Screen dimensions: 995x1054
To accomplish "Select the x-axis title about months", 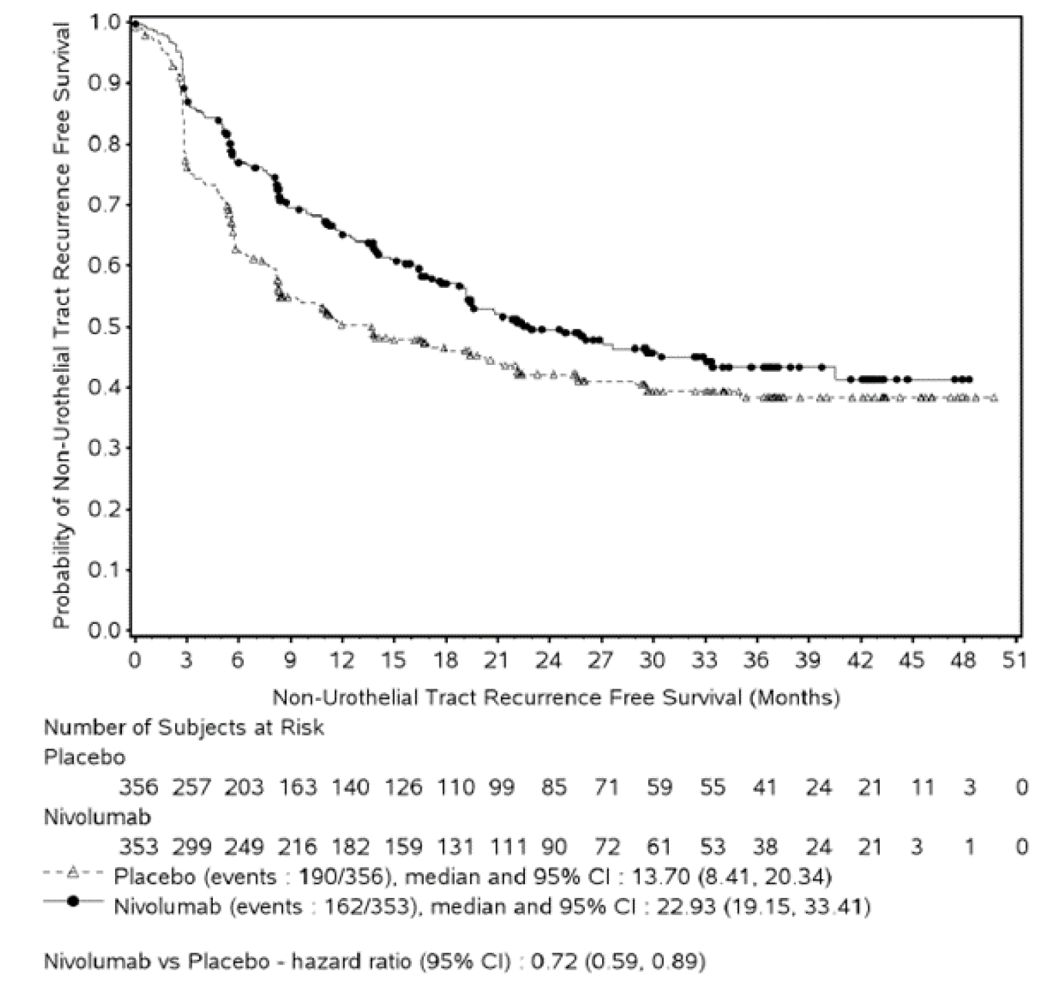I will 556,697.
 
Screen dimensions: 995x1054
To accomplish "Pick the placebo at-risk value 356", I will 138,786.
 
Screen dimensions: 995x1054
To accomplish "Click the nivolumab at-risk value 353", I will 138,846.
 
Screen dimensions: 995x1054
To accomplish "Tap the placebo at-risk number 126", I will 403,786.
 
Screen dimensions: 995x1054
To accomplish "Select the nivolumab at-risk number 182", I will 350,846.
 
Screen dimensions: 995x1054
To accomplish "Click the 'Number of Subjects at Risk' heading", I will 184,727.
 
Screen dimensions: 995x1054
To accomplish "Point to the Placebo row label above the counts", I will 84,757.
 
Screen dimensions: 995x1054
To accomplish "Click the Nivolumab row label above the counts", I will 97,817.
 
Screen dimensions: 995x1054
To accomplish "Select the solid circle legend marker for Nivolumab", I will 72,901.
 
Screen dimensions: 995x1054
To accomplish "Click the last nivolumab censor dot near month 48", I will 969,379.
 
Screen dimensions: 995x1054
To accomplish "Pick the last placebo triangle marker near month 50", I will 993,399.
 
